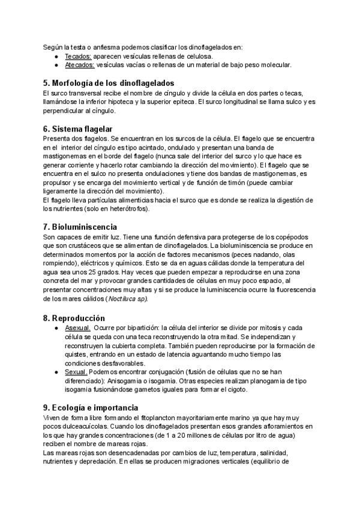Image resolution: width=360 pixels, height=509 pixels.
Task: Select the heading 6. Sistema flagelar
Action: pos(77,128)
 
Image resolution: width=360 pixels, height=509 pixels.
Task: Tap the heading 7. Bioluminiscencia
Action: pos(80,227)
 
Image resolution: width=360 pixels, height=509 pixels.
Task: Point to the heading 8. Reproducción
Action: pos(74,318)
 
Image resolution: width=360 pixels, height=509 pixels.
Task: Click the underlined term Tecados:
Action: pos(78,56)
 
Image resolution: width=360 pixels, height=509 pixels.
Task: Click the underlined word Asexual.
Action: pos(78,328)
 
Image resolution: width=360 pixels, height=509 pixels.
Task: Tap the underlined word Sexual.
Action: pos(77,372)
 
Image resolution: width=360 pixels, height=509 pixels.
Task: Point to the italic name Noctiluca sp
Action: pos(125,299)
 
